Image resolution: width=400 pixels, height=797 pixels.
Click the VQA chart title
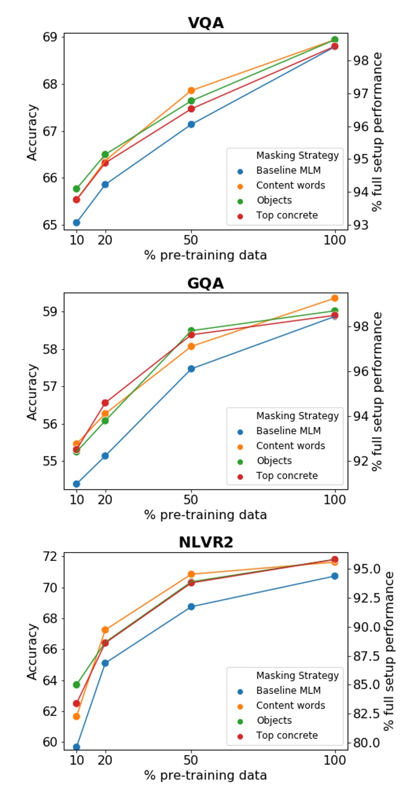click(205, 23)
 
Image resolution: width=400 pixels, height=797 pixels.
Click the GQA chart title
click(205, 283)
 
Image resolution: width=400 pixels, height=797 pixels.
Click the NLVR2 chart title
click(205, 542)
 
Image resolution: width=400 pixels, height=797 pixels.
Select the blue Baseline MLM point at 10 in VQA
click(76, 222)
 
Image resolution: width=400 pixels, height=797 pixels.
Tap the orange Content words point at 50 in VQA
click(191, 91)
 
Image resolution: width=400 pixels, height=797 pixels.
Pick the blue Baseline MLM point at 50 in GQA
click(191, 368)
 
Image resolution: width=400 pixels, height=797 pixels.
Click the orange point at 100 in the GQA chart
click(335, 298)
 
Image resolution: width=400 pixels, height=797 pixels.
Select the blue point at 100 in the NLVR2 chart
click(335, 576)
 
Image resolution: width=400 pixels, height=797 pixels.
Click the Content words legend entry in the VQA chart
click(290, 185)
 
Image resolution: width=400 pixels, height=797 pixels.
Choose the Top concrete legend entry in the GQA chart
click(287, 476)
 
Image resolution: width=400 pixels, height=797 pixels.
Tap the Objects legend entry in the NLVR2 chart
click(274, 720)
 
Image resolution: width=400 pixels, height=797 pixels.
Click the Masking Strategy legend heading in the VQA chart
click(297, 155)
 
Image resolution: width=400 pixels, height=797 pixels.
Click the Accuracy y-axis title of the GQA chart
click(32, 391)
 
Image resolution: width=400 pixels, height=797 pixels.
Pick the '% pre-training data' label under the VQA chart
click(205, 255)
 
